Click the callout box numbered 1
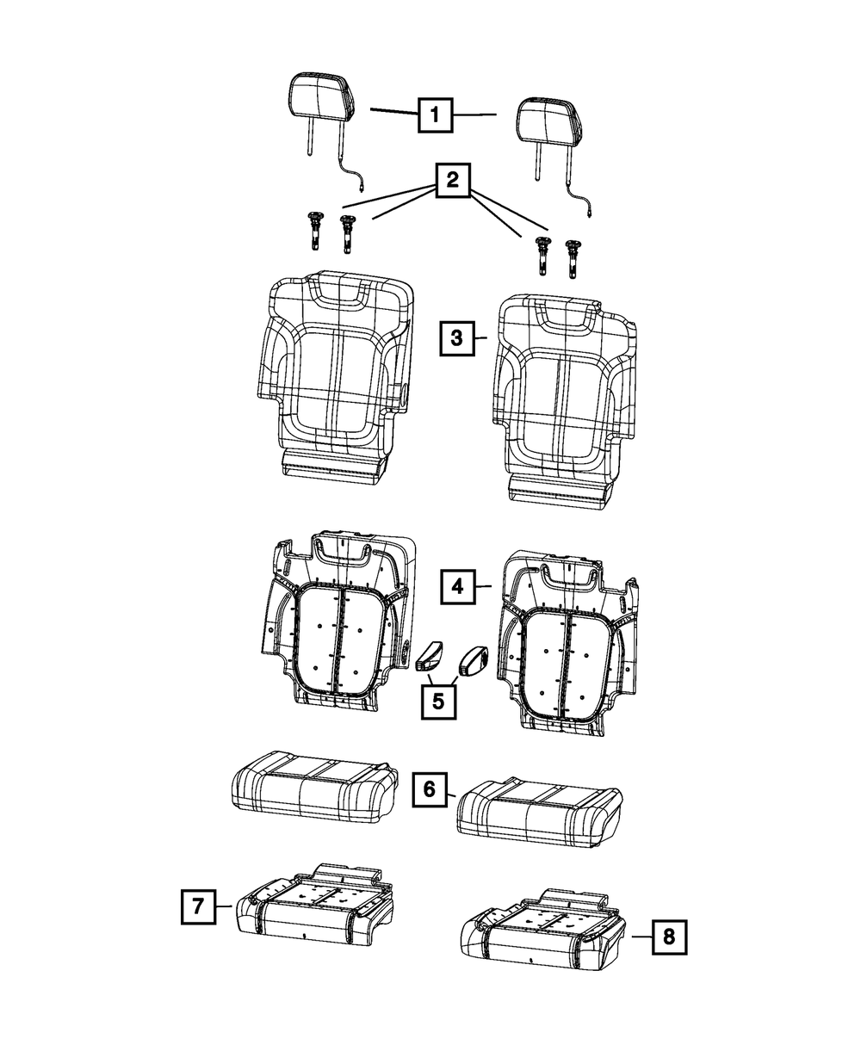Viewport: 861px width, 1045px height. [x=435, y=115]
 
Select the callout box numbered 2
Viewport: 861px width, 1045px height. [x=453, y=180]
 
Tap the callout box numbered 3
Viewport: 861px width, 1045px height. [x=457, y=338]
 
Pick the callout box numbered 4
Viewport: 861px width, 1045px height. [x=457, y=586]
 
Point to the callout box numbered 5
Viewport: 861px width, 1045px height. [x=438, y=702]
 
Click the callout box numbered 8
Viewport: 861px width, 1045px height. [x=669, y=937]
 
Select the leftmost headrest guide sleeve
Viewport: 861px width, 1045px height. [x=314, y=232]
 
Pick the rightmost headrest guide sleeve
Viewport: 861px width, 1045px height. [x=571, y=259]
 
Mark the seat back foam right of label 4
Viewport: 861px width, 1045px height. [x=570, y=643]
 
